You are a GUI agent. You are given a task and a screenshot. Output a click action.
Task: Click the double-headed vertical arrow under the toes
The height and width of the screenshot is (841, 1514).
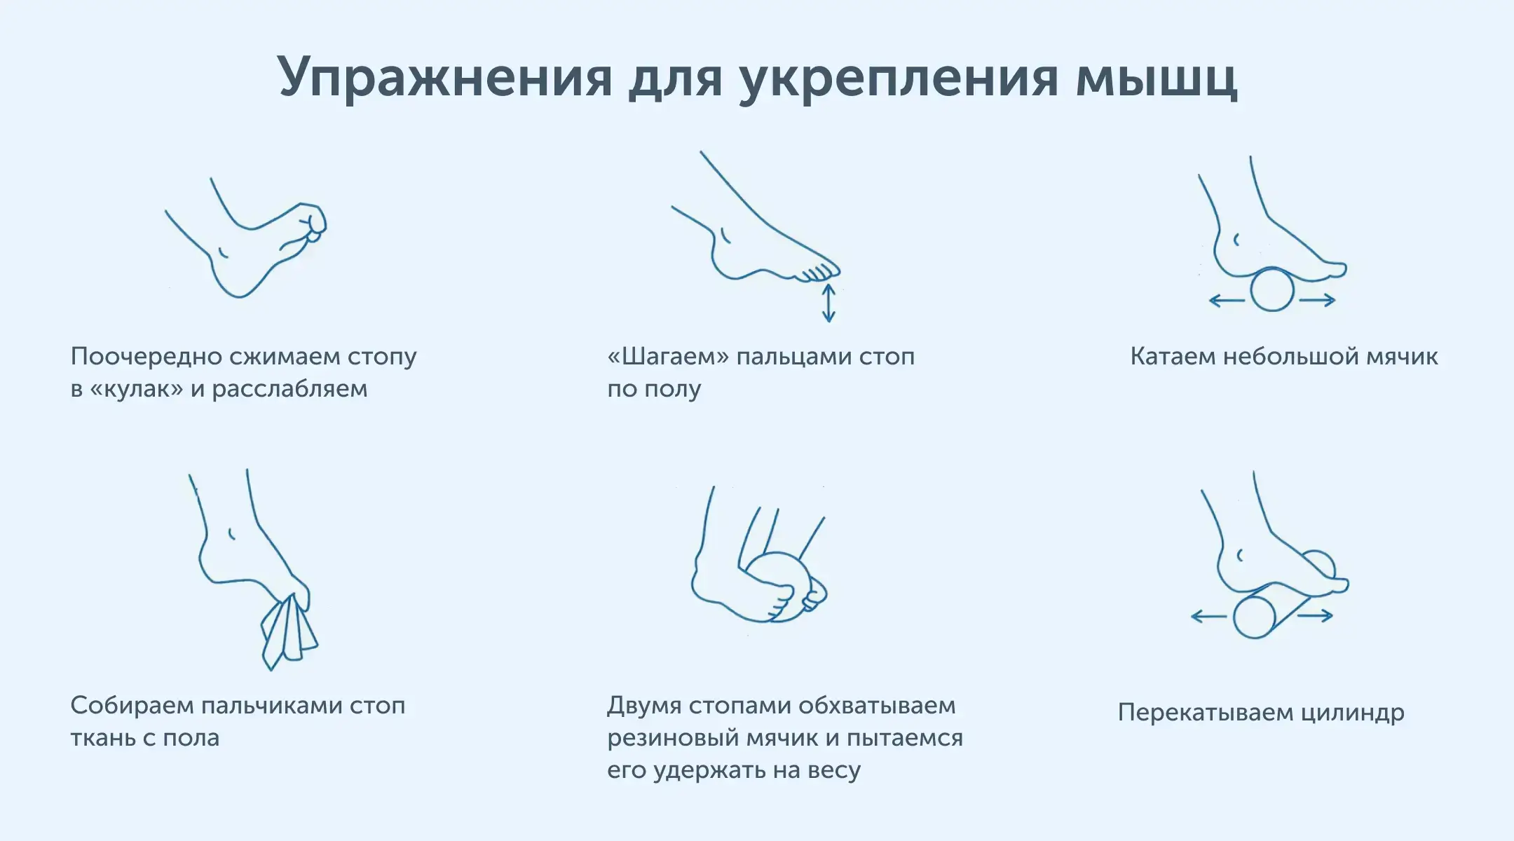(x=828, y=303)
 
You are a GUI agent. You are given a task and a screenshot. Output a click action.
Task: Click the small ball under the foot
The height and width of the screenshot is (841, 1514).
(x=1272, y=289)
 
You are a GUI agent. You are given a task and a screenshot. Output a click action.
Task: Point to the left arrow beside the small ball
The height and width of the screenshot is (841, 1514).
(x=1227, y=301)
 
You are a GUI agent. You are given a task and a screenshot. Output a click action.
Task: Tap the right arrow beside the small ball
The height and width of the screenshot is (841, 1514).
(x=1318, y=300)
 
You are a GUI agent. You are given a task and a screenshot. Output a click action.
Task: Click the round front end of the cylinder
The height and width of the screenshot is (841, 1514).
(x=1254, y=617)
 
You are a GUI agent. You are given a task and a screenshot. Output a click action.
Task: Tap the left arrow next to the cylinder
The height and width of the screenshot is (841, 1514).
(x=1208, y=617)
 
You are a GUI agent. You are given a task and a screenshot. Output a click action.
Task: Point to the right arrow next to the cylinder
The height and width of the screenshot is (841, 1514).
(x=1315, y=616)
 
